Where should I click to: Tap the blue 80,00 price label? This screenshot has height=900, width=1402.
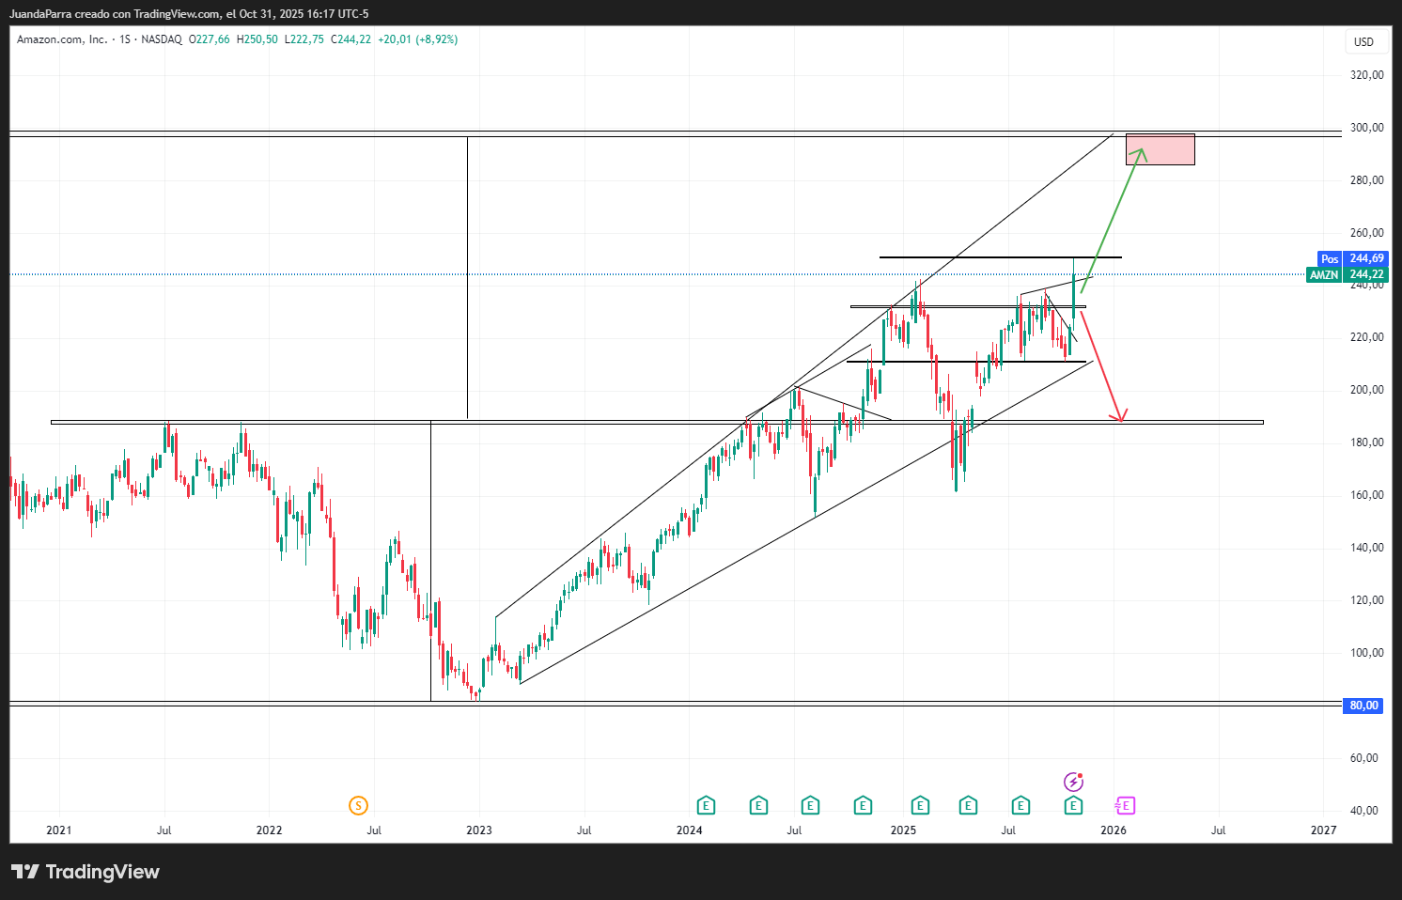[1363, 706]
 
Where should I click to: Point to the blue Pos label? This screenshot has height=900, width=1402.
[1330, 259]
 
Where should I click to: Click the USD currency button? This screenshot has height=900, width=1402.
[1363, 42]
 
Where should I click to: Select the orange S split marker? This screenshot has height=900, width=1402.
[358, 805]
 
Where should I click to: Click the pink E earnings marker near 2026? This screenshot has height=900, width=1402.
[1125, 805]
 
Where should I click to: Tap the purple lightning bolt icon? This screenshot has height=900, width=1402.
[1073, 782]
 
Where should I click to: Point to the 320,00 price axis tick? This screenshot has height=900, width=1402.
[1366, 75]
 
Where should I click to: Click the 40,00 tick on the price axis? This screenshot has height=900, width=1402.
[1366, 811]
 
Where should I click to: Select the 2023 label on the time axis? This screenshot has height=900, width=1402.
[479, 830]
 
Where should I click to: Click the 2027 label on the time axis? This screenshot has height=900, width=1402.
[1323, 830]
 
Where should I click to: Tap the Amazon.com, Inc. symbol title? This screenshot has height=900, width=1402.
[62, 39]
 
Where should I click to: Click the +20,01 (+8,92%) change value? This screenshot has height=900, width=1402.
[417, 39]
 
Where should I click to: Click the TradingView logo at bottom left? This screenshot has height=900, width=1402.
[86, 872]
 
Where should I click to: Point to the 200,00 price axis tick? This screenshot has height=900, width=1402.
[1366, 390]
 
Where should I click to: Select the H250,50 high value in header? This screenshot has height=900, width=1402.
[257, 39]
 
